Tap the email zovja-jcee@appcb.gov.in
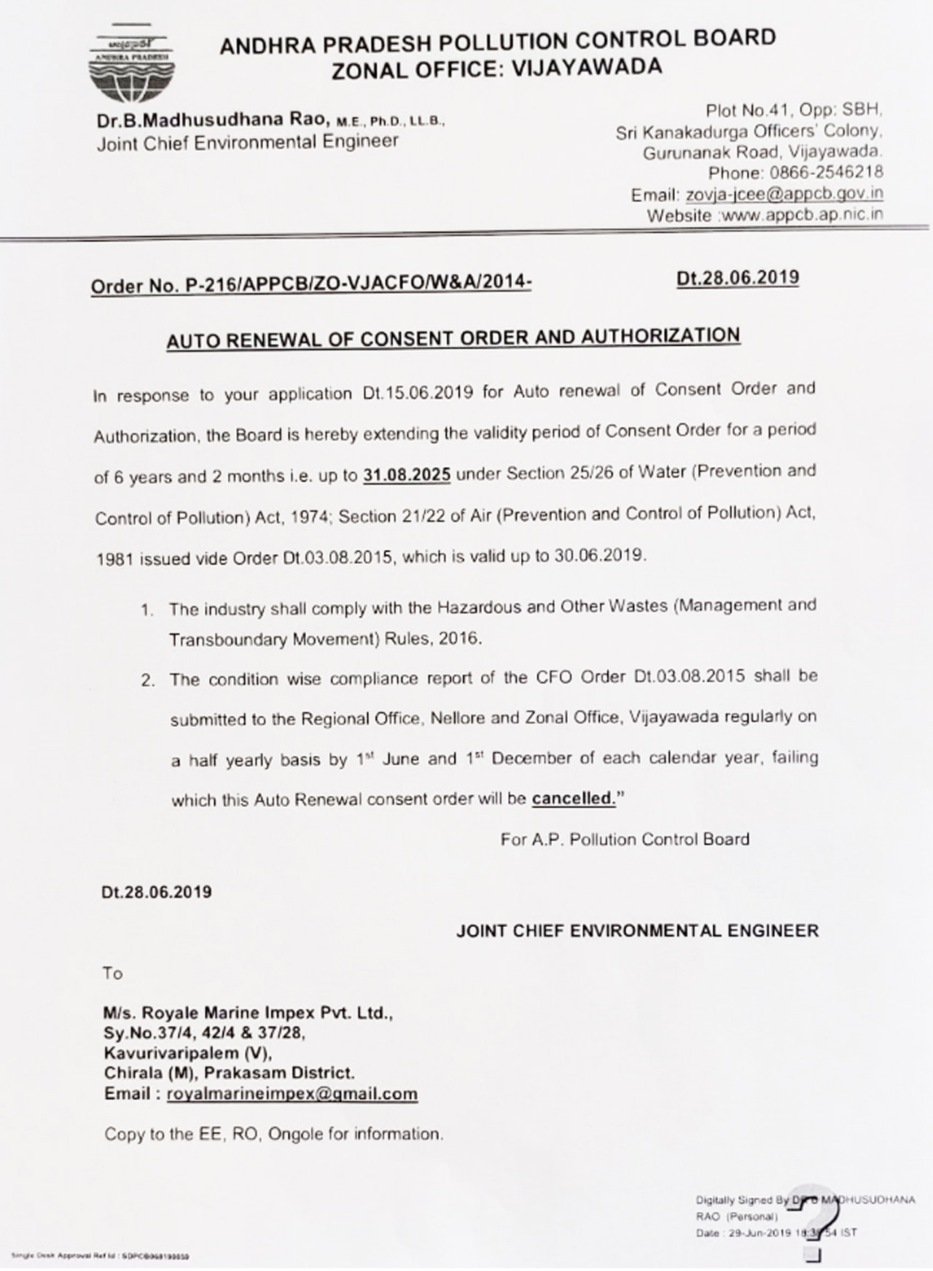tap(784, 194)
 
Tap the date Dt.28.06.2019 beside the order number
tap(737, 278)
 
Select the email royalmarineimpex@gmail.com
tap(292, 1094)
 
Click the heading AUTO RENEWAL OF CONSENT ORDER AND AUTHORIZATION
tap(453, 338)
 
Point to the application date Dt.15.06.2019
tap(418, 393)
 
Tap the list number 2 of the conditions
tap(148, 681)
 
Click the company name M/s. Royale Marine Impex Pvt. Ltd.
tap(248, 1013)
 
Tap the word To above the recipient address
tap(113, 974)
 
